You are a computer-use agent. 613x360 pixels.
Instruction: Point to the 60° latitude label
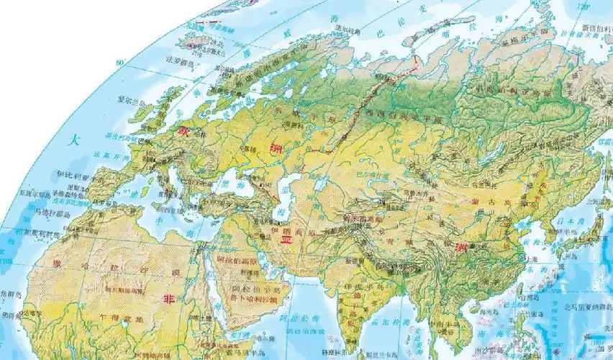coord(119,63)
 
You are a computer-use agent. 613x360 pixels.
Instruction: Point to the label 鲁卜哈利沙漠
coord(250,296)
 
